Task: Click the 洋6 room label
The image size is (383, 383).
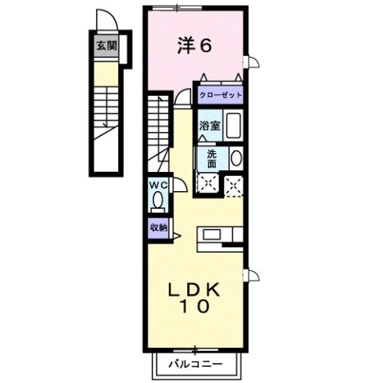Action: click(194, 46)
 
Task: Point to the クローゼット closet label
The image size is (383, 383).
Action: click(221, 94)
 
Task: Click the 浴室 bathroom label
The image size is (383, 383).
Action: click(209, 126)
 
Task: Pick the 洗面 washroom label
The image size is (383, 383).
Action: click(211, 158)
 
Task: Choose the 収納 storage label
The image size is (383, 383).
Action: click(158, 228)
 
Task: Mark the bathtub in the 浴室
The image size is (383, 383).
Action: click(233, 126)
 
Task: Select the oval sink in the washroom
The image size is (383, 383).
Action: click(234, 158)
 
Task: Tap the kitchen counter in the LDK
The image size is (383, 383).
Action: click(214, 233)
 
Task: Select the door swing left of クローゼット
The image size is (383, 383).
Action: click(184, 95)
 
